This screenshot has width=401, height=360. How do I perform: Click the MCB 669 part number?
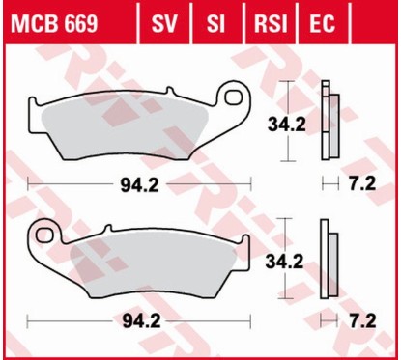(54, 23)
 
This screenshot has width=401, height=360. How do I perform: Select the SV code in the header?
(164, 23)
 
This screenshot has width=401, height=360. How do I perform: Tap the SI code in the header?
(215, 23)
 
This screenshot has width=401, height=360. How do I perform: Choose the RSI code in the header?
(271, 23)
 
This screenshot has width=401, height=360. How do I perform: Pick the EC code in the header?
(322, 23)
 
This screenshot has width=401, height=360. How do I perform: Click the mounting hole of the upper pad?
(234, 97)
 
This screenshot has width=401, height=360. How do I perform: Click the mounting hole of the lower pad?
(44, 235)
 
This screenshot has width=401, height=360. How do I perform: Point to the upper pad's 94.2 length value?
(139, 185)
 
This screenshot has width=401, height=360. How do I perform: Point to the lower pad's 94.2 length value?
(141, 320)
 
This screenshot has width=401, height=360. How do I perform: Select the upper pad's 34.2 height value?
(286, 125)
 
